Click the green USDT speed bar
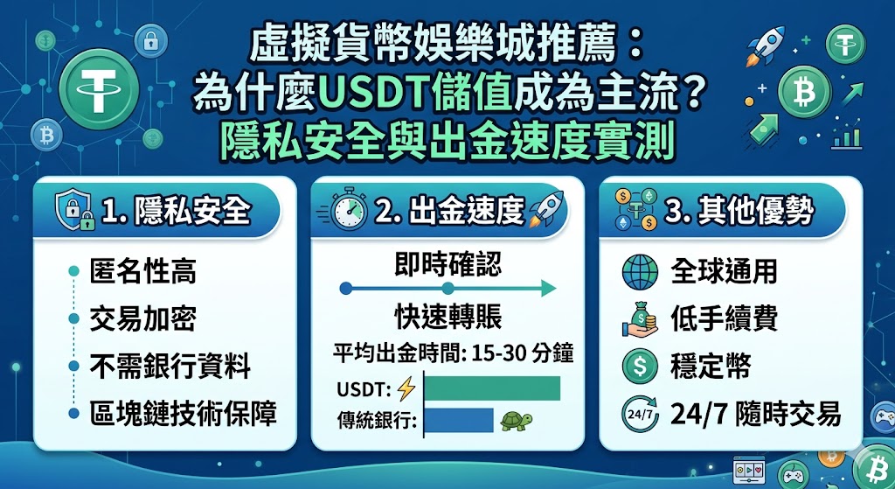[x=491, y=388]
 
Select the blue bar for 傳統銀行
[x=458, y=420]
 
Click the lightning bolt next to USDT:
[x=405, y=388]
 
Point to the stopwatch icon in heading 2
[x=348, y=211]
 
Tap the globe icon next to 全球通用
[x=640, y=271]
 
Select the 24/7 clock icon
[x=640, y=413]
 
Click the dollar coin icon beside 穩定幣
[x=640, y=366]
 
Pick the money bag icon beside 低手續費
[x=640, y=318]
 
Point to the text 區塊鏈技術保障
[x=184, y=413]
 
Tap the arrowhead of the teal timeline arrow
[x=549, y=288]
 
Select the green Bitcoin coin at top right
[x=799, y=90]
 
